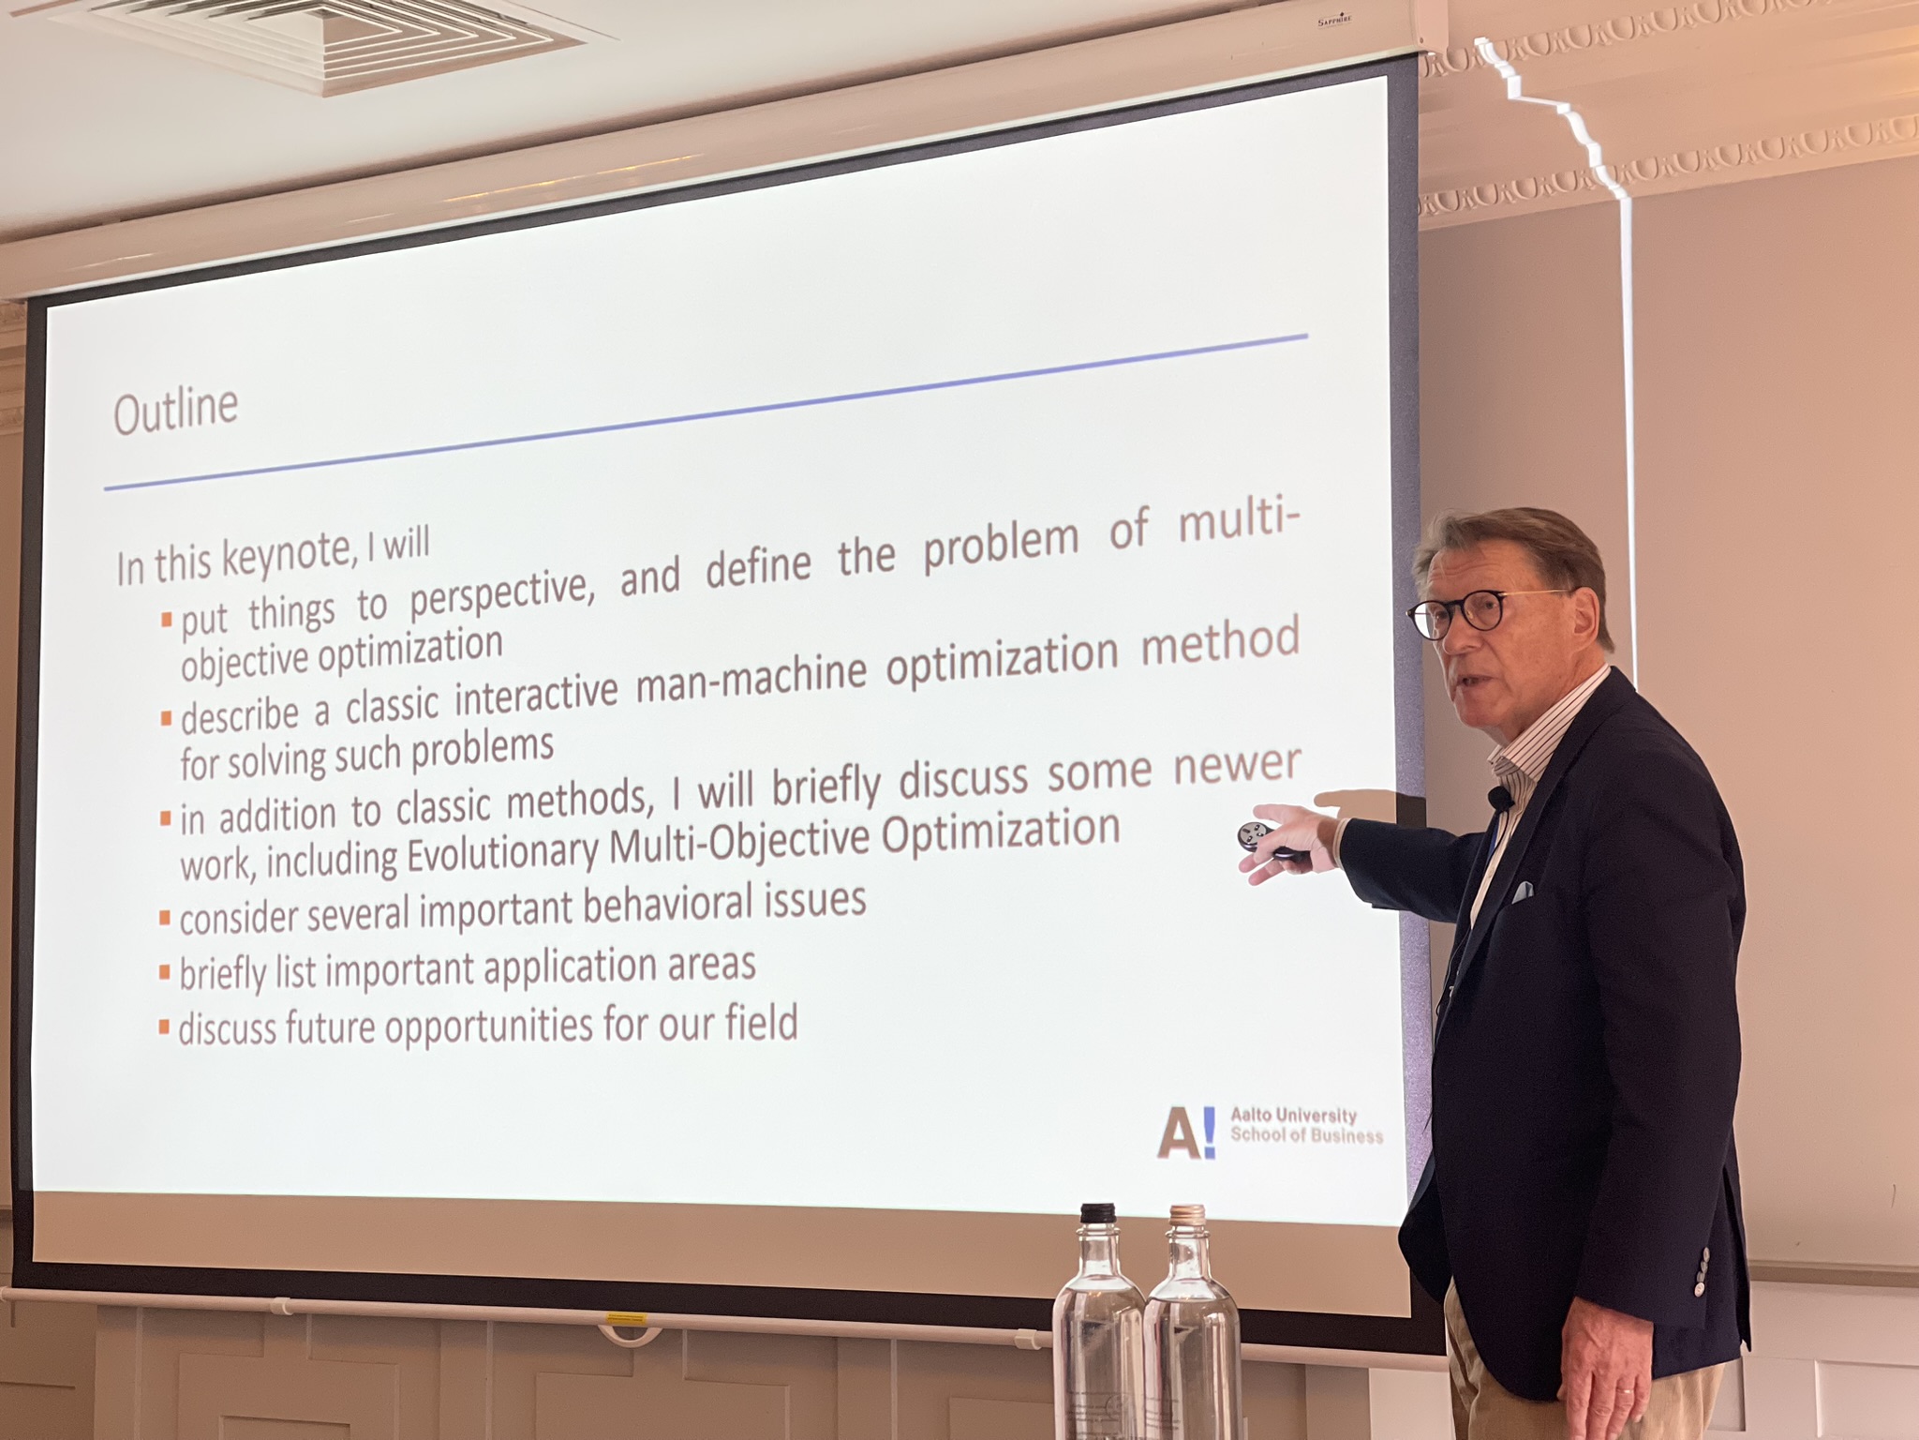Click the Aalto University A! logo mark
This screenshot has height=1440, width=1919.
[x=1185, y=1132]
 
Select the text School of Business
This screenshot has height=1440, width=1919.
[x=1306, y=1135]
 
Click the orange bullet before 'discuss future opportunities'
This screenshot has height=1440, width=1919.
[x=164, y=1028]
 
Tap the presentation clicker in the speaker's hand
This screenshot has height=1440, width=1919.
[x=1267, y=840]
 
